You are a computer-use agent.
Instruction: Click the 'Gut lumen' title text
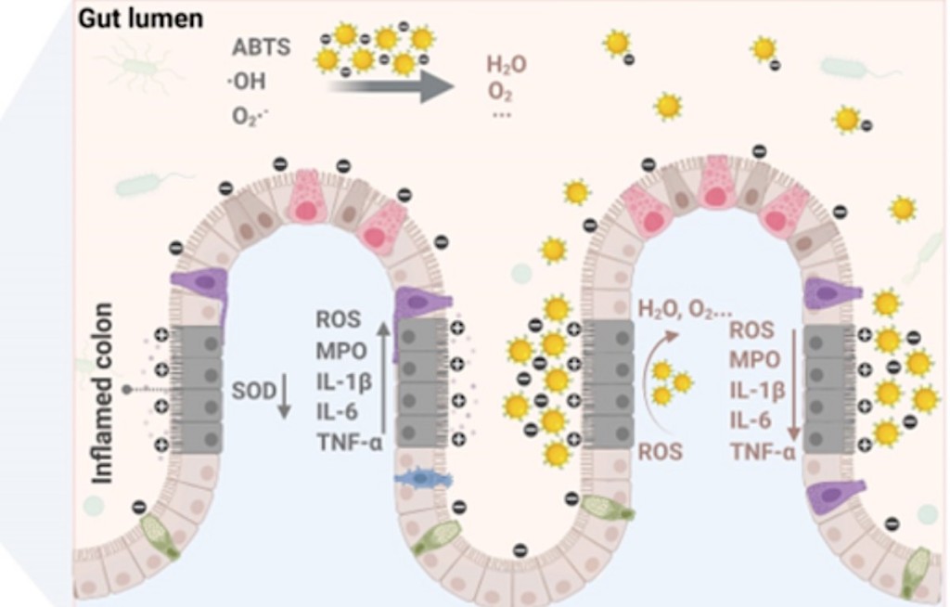pos(140,19)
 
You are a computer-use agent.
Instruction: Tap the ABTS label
pos(262,48)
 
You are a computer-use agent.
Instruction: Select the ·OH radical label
pos(248,82)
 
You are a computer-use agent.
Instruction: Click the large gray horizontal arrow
pos(390,86)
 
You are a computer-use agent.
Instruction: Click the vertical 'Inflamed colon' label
pos(104,392)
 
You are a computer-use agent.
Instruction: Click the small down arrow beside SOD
pos(285,396)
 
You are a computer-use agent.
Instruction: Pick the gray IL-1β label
pos(341,381)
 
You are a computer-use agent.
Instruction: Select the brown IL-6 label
pos(750,420)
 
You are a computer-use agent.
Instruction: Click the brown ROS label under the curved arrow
pos(660,452)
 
